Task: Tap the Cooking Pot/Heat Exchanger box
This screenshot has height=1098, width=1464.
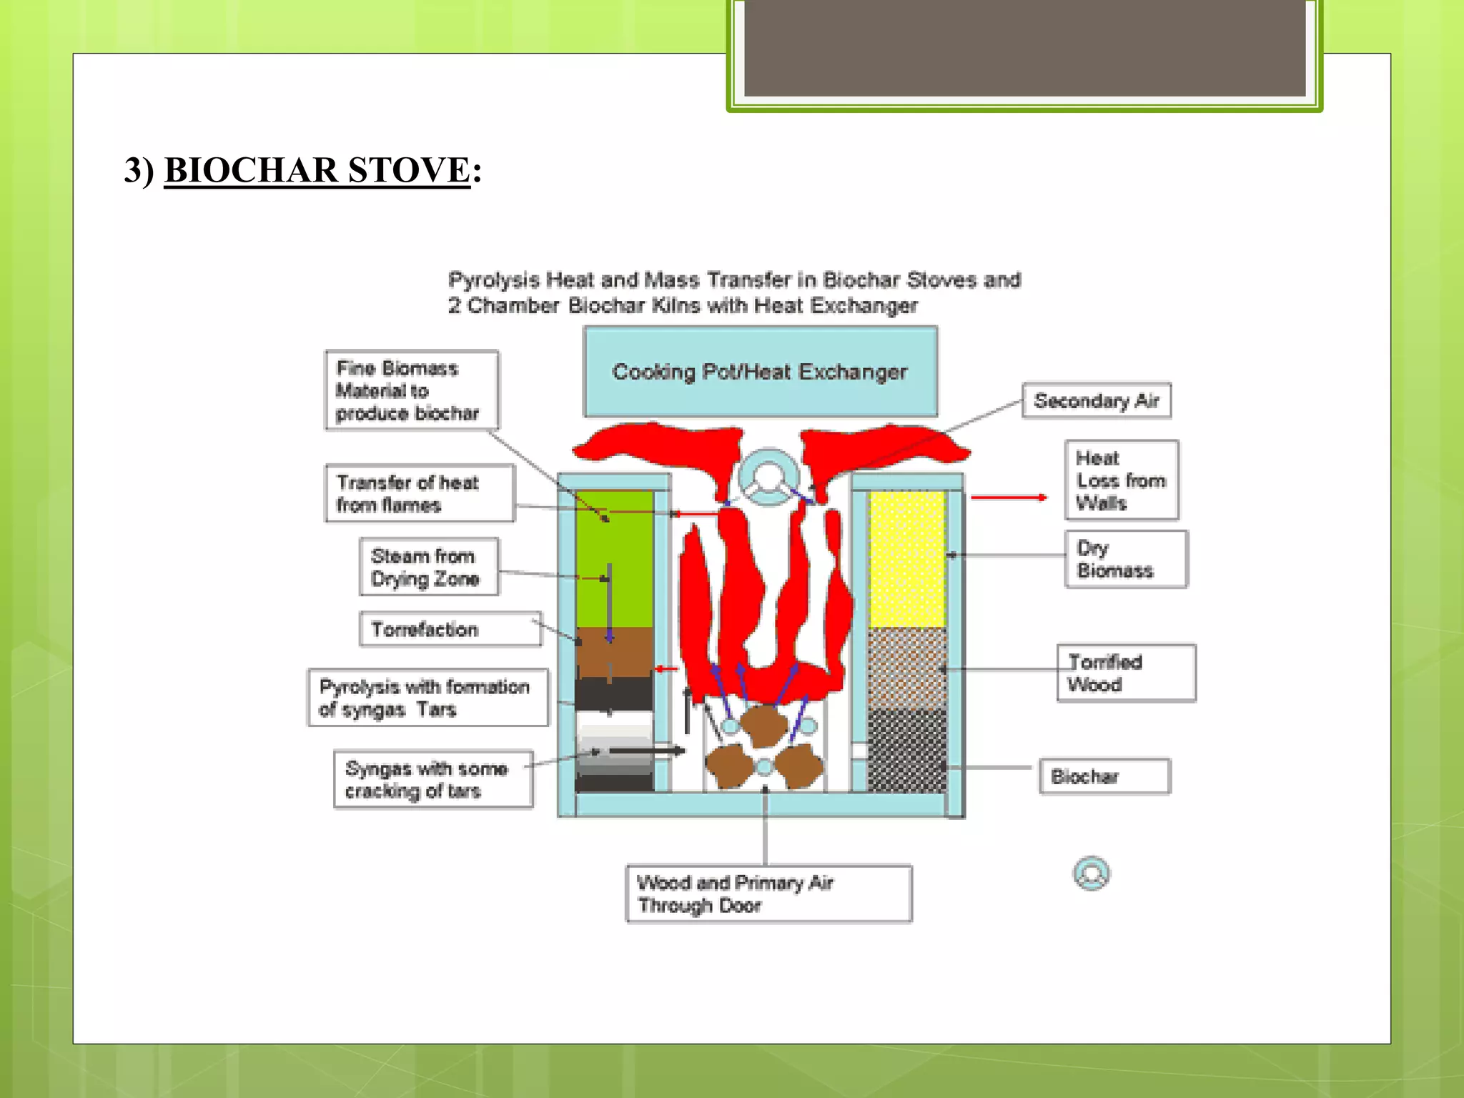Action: [x=760, y=372]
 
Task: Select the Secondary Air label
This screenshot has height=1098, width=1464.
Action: [x=1096, y=400]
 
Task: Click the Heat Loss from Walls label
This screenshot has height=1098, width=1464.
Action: [x=1121, y=480]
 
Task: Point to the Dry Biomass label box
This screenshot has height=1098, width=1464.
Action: [x=1125, y=559]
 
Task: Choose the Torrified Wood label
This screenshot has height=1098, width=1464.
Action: [x=1125, y=673]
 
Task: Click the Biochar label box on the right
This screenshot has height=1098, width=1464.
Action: [x=1104, y=776]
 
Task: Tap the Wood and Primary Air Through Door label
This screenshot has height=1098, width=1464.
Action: [x=768, y=894]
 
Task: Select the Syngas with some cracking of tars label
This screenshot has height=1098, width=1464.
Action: [x=432, y=779]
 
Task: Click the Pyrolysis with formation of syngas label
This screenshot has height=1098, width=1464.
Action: [x=427, y=698]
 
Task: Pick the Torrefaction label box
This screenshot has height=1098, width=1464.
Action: [x=450, y=629]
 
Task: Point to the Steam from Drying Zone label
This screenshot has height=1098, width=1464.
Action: [x=429, y=567]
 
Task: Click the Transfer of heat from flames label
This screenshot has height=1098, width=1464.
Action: [x=419, y=493]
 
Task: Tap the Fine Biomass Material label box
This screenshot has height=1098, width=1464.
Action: [x=411, y=390]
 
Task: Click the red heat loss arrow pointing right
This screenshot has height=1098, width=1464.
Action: [x=1008, y=497]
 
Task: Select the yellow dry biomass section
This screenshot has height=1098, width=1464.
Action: [x=906, y=558]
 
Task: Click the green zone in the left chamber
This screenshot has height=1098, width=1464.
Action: [x=613, y=558]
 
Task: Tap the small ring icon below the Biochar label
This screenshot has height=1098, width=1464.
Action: [x=1091, y=873]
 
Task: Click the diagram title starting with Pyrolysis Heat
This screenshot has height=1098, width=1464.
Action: [x=734, y=292]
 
